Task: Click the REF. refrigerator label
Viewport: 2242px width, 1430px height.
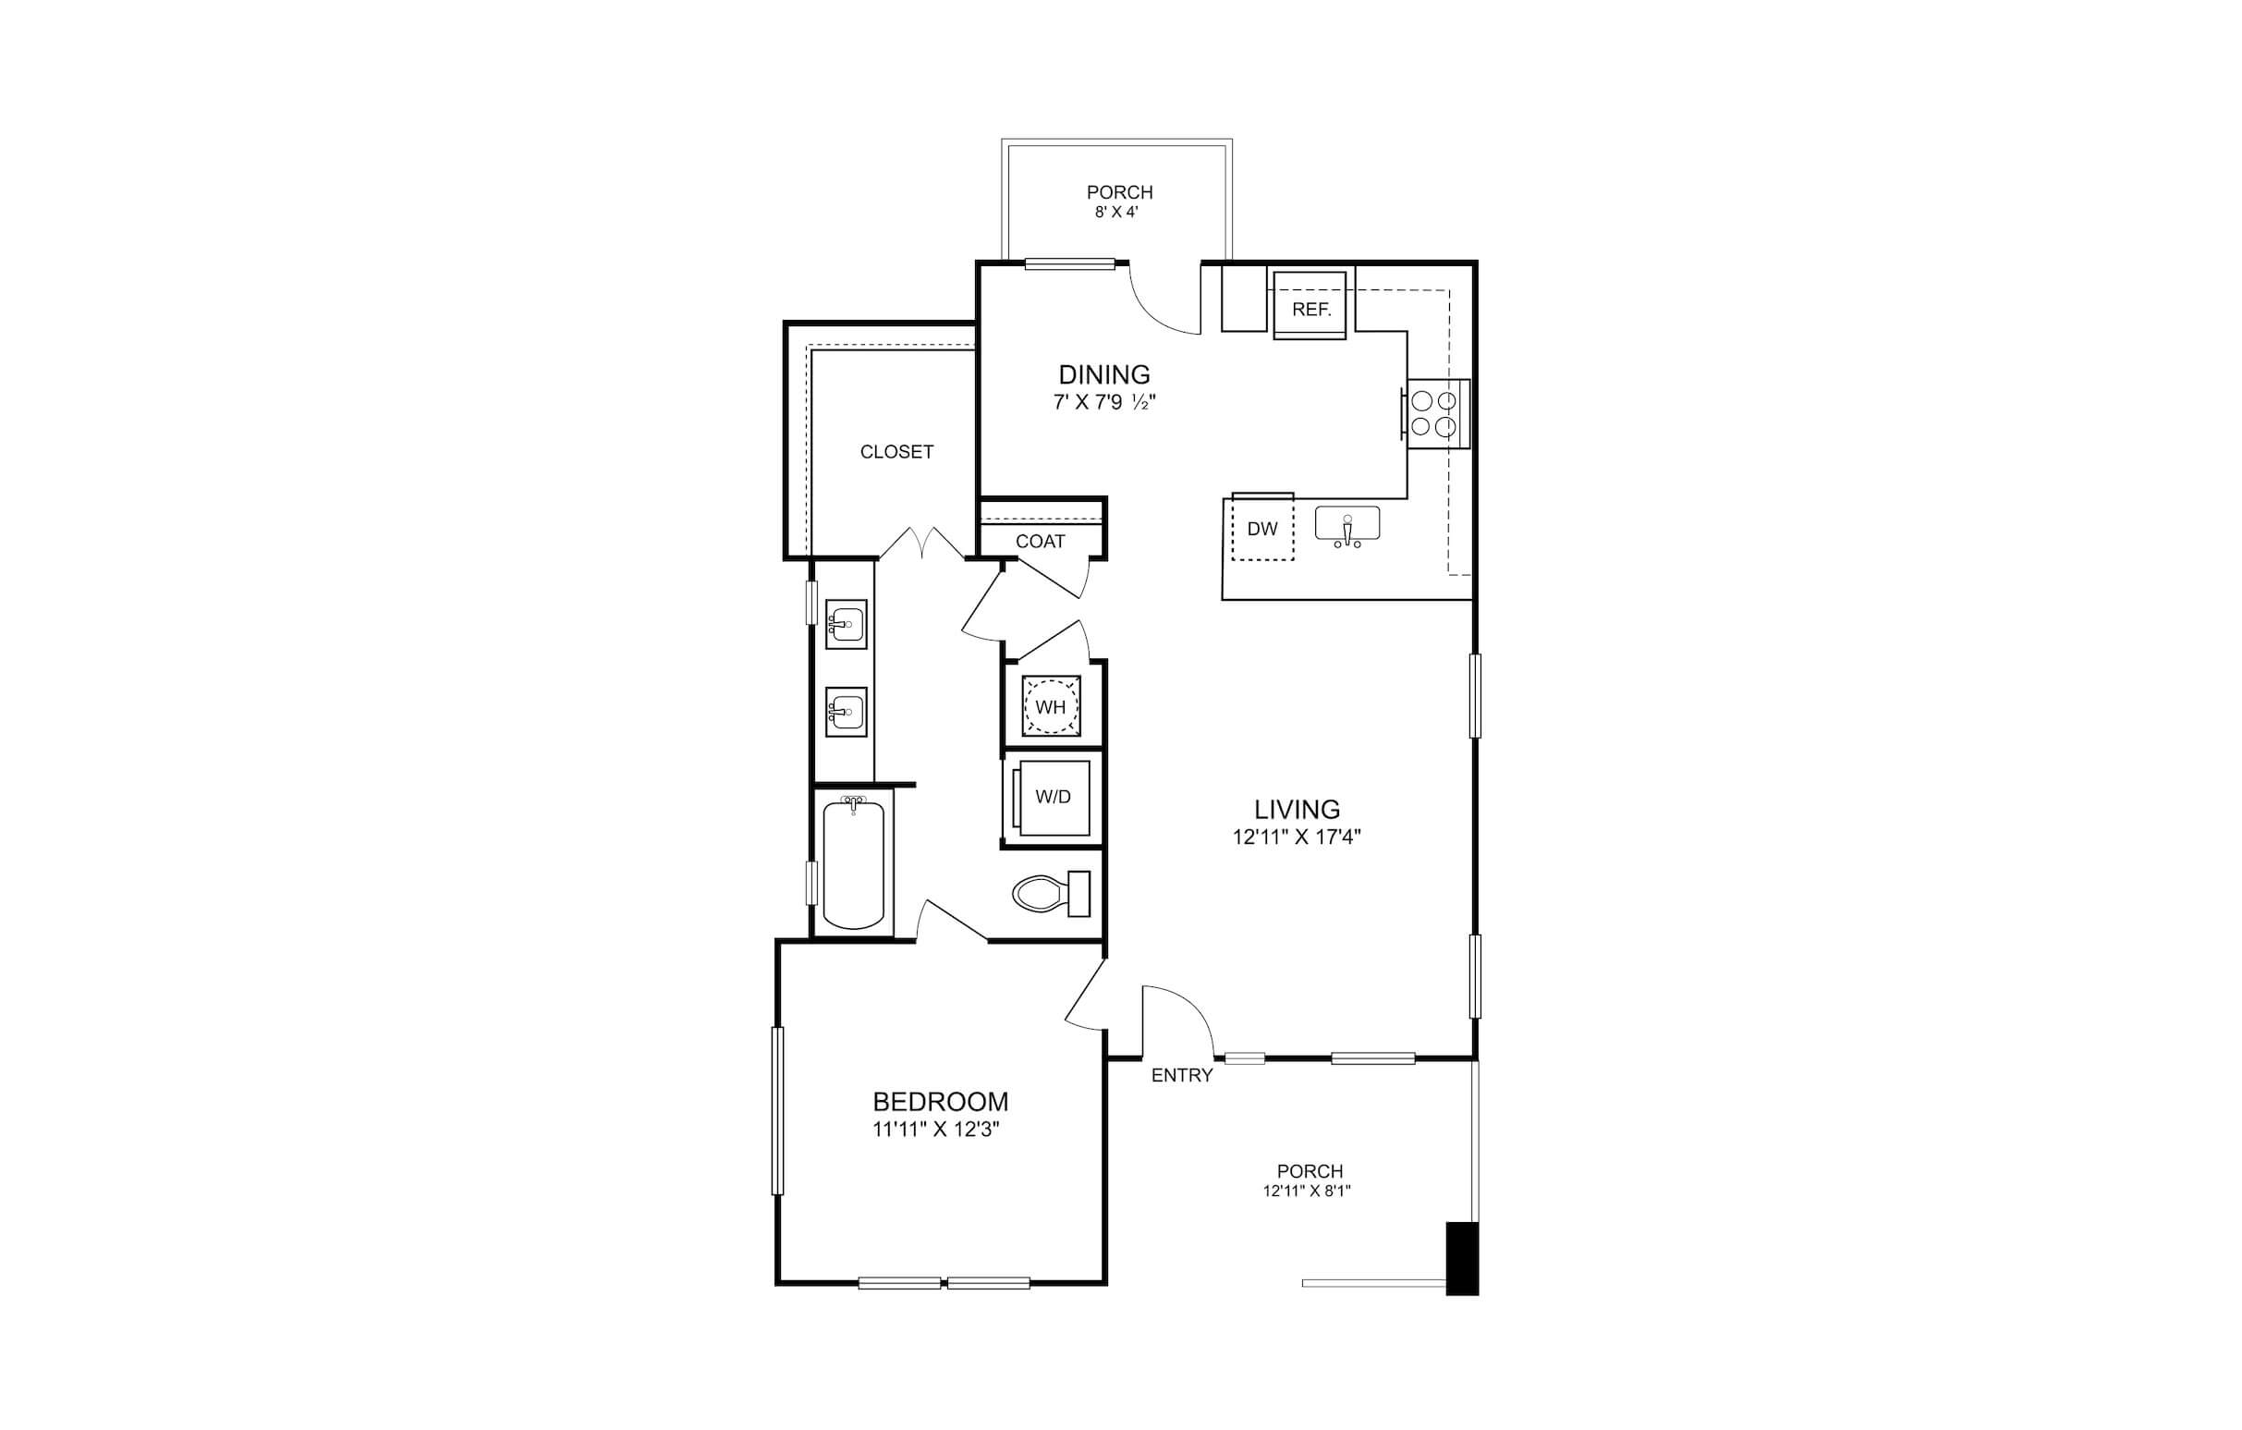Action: (x=1311, y=310)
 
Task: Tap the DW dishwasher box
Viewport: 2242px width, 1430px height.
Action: (x=1262, y=528)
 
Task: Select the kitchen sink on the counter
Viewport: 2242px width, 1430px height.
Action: (x=1347, y=526)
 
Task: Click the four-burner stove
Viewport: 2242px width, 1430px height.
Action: (x=1435, y=414)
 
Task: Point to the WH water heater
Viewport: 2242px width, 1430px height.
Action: (x=1051, y=706)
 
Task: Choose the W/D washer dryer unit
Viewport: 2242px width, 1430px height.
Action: (x=1052, y=798)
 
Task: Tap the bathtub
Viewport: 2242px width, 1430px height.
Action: (x=853, y=862)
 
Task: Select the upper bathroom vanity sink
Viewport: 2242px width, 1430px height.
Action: (x=847, y=624)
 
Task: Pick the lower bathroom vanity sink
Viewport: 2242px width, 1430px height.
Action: (x=847, y=712)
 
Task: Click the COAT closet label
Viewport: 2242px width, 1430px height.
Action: (x=1040, y=542)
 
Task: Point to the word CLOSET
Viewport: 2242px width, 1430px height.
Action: (x=896, y=452)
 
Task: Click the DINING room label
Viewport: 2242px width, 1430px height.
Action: (x=1104, y=374)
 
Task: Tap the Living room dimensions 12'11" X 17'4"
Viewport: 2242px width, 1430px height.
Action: (x=1297, y=837)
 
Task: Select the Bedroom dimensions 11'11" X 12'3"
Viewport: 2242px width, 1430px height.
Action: (x=940, y=1131)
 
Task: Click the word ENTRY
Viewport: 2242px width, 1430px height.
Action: (x=1182, y=1075)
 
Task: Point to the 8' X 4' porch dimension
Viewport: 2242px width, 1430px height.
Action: (x=1117, y=213)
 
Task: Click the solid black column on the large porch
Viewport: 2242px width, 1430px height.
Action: (x=1462, y=1258)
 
